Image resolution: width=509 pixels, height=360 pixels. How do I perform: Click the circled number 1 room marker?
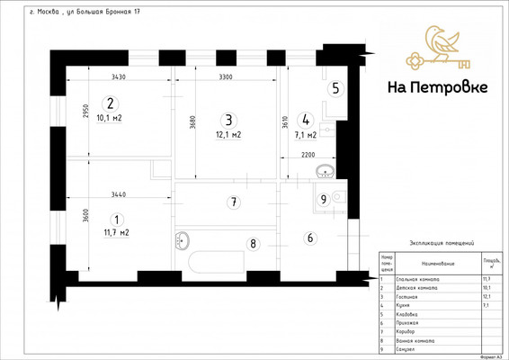115,218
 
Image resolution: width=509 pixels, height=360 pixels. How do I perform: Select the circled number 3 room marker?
228,120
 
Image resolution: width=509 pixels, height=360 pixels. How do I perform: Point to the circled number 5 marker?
335,88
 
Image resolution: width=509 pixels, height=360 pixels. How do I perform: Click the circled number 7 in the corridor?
233,202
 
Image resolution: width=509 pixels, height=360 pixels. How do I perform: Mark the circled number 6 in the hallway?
311,238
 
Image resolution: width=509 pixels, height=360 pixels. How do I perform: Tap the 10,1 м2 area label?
111,118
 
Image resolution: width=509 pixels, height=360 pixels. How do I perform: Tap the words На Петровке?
437,87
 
